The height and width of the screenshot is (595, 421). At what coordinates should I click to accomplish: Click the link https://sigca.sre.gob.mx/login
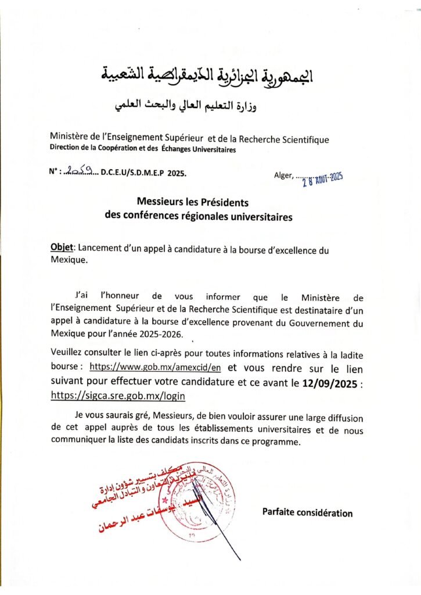(119, 395)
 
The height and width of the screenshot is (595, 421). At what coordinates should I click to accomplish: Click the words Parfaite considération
(307, 512)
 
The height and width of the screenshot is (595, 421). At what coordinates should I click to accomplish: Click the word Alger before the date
(283, 175)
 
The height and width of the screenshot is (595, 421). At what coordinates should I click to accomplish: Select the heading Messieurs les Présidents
(192, 203)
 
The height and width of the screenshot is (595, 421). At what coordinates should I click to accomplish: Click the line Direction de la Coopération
(143, 150)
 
